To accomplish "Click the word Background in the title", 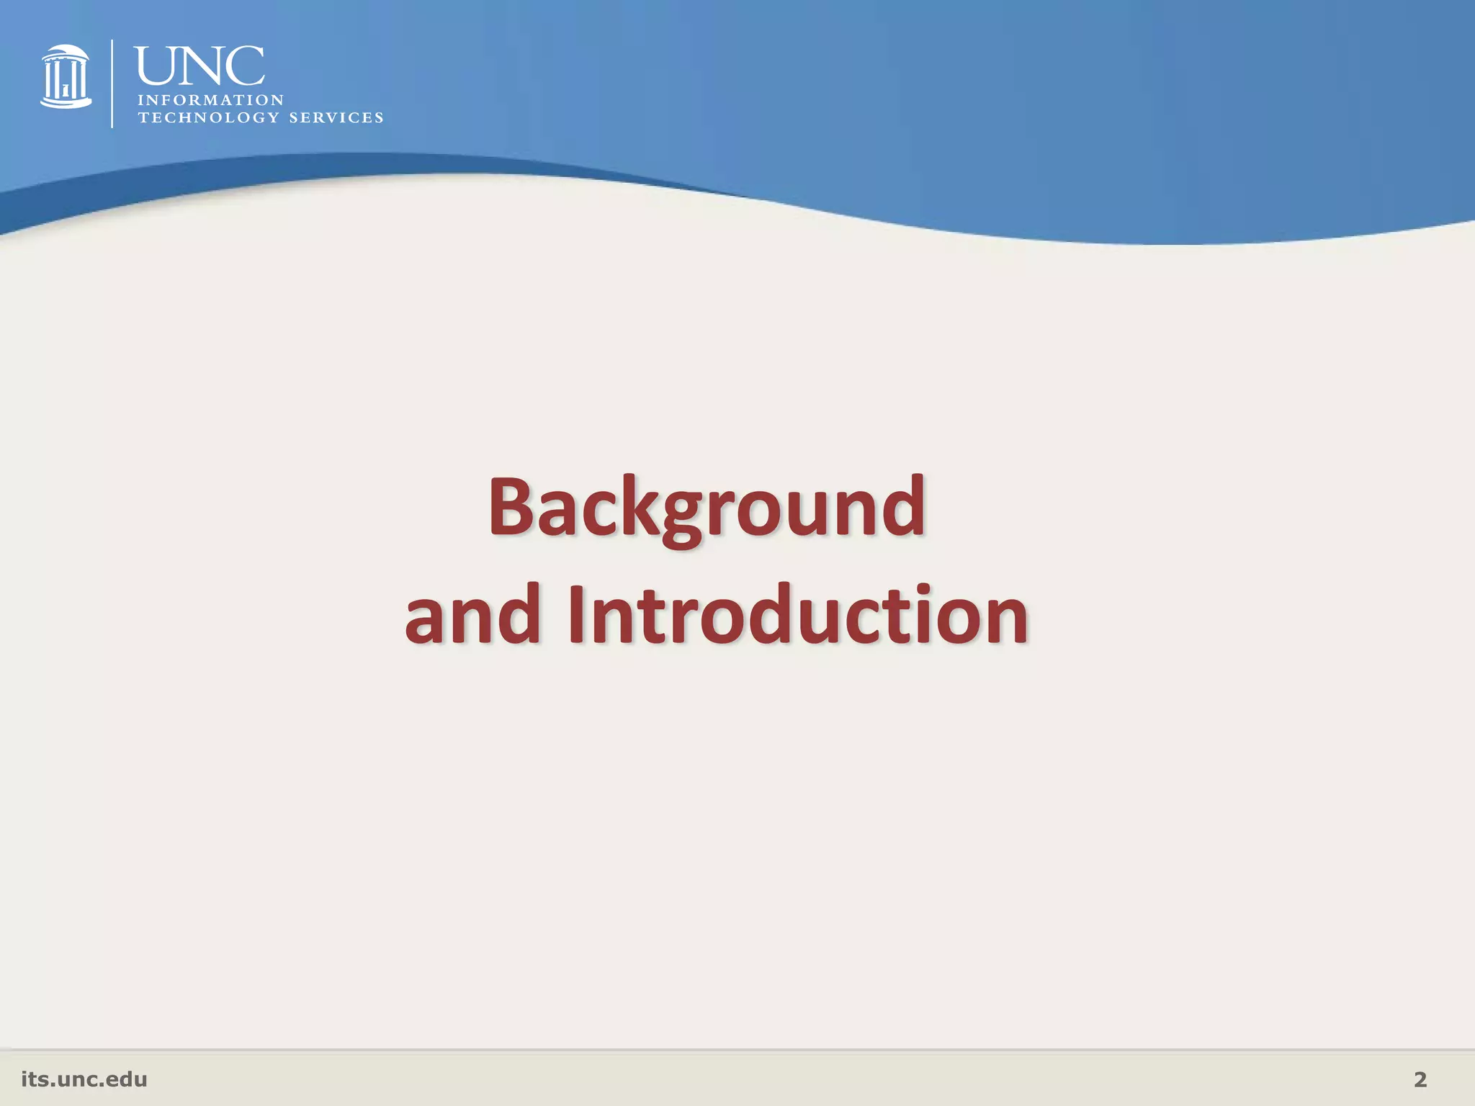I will tap(707, 508).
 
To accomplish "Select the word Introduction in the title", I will tap(797, 615).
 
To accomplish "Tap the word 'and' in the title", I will tap(472, 615).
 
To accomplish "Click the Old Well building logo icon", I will tap(66, 77).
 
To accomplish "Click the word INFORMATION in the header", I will tap(211, 100).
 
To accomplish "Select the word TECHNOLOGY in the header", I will tap(208, 117).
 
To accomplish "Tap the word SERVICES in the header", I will tap(336, 117).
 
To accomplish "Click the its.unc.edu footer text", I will tap(84, 1079).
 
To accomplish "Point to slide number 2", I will tap(1420, 1079).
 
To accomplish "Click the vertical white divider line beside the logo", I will tap(112, 84).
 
